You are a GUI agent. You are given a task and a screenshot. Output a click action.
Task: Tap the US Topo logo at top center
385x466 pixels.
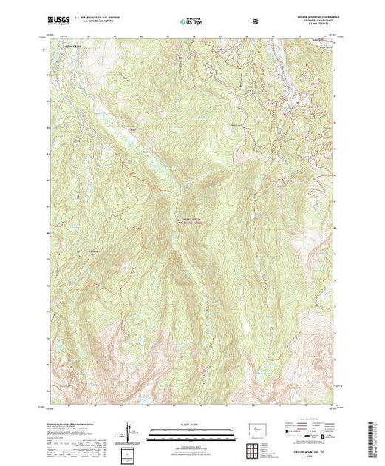click(192, 22)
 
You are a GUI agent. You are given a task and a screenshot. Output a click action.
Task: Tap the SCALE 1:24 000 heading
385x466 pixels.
click(192, 424)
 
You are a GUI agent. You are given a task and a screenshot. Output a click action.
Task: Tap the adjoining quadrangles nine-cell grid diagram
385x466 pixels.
click(253, 448)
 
